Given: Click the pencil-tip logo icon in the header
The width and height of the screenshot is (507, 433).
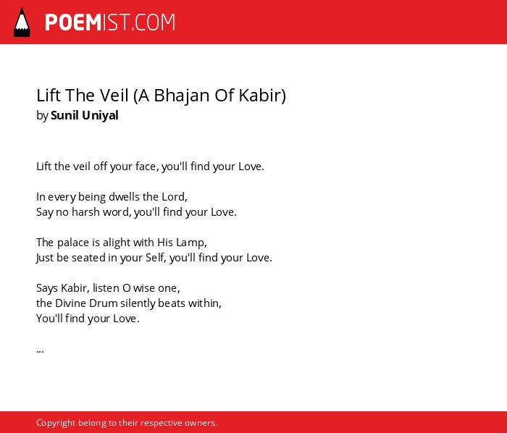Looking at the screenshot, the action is [22, 22].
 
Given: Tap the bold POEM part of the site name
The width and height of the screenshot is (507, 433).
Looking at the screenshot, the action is [73, 22].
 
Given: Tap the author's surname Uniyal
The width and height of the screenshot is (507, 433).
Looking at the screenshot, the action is [100, 116].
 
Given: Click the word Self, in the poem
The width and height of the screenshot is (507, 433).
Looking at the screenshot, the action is [156, 258].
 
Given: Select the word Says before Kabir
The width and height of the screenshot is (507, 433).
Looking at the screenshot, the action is [47, 288].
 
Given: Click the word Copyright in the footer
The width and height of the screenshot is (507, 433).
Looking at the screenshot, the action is [56, 423].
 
